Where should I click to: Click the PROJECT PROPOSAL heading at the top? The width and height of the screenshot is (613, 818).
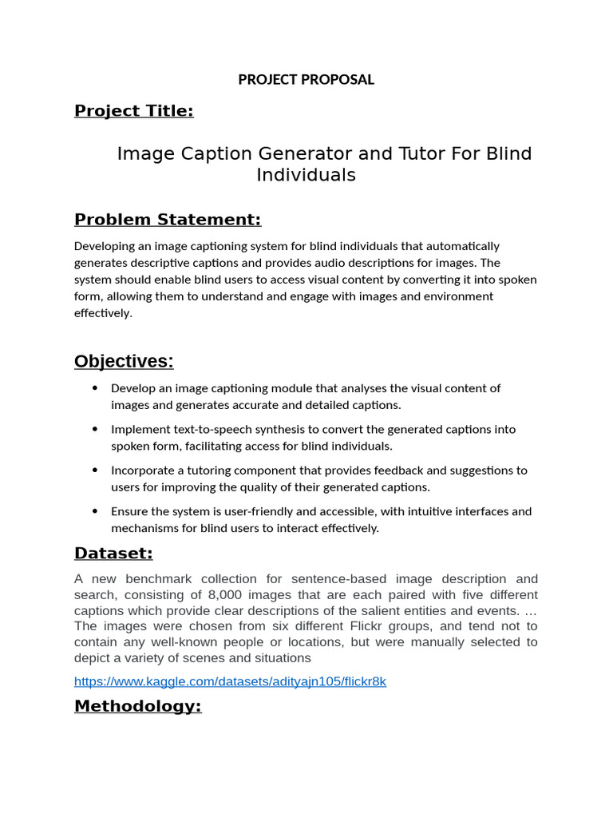coord(306,80)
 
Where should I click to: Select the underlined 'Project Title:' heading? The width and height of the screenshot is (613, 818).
coord(134,111)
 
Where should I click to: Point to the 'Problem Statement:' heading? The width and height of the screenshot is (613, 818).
coord(168,220)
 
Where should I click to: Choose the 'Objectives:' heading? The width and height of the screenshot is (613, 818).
coord(124,362)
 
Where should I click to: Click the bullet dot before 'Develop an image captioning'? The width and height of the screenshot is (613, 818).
coord(95,388)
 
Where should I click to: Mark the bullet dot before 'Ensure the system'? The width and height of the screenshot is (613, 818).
coord(95,511)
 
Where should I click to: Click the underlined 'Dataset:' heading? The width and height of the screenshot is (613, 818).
coord(113,554)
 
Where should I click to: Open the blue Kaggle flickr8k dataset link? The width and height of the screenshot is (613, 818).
coord(230,682)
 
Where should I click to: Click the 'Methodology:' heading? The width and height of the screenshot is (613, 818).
coord(138,706)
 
